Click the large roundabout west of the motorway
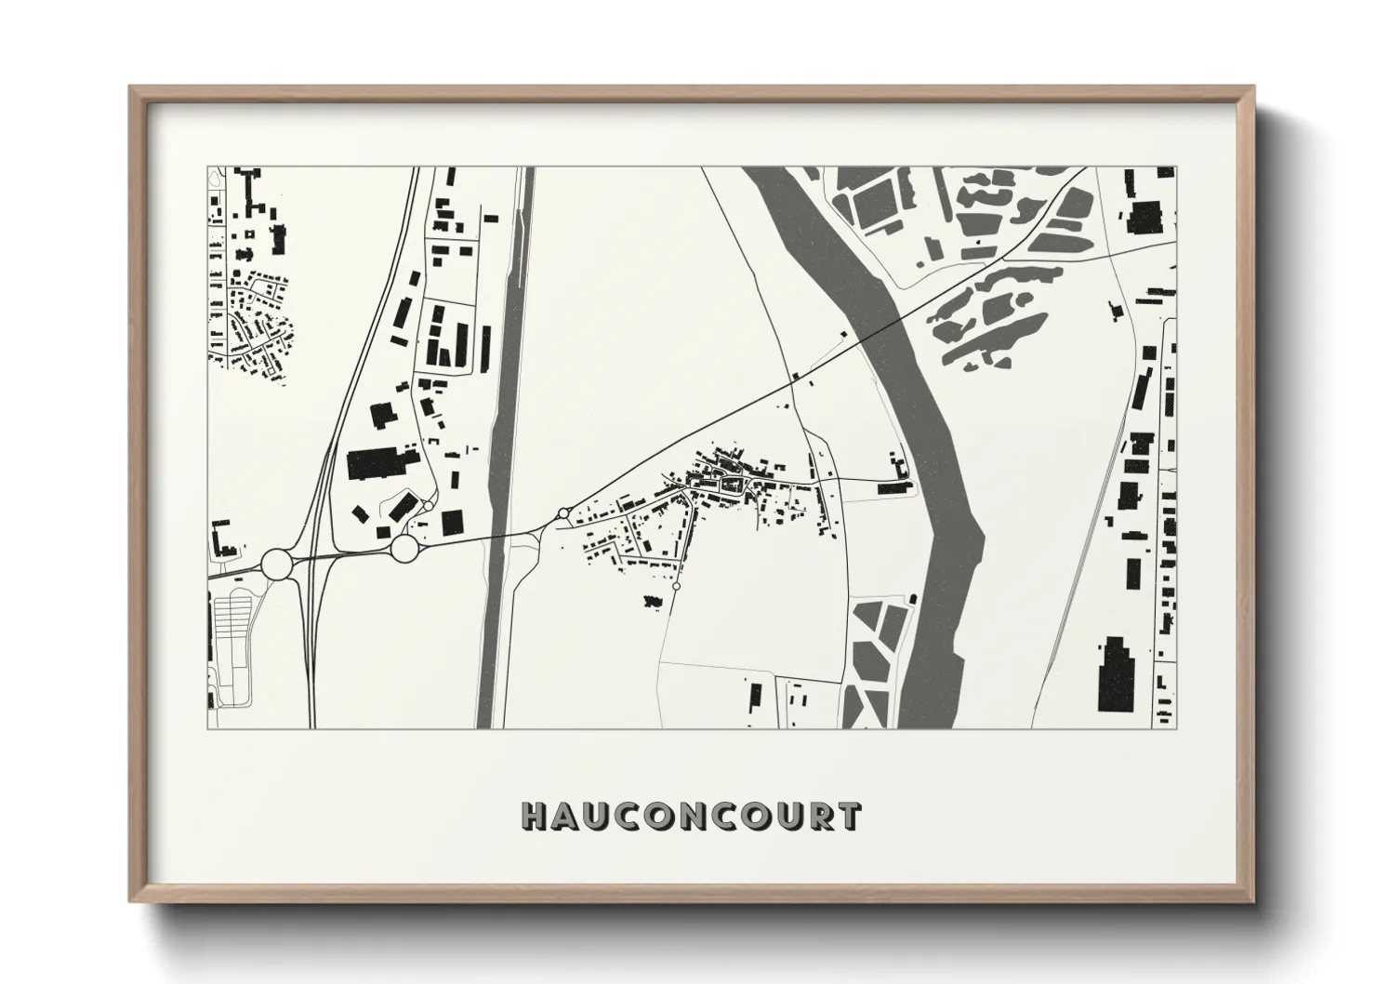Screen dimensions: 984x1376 point(278,564)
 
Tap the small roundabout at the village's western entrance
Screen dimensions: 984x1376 point(562,513)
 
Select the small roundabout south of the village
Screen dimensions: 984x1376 point(676,587)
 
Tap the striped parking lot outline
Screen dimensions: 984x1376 point(232,632)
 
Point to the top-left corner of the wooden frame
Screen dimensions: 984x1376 point(131,88)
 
